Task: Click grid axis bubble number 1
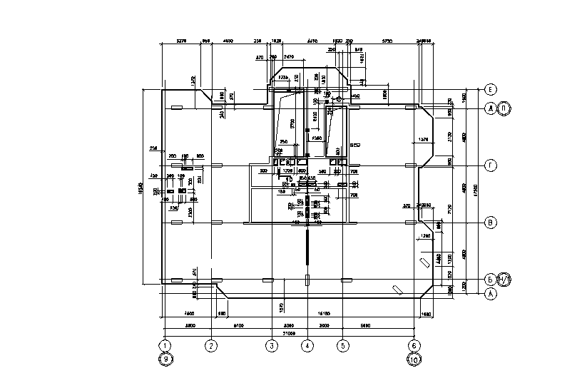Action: tap(165, 347)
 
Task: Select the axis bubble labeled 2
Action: tap(210, 347)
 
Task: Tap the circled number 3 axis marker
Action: tap(271, 347)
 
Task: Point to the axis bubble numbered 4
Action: tap(307, 347)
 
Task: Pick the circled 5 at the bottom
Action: tap(342, 347)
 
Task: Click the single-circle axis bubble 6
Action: tap(414, 347)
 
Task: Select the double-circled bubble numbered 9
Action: tap(165, 359)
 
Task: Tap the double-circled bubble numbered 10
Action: tap(414, 359)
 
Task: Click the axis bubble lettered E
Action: tap(490, 90)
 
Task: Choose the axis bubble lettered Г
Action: tap(490, 165)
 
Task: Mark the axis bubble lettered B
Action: tap(490, 223)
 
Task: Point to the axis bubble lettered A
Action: tap(490, 293)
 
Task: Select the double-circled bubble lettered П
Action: tap(504, 108)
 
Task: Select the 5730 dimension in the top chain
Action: tap(388, 42)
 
